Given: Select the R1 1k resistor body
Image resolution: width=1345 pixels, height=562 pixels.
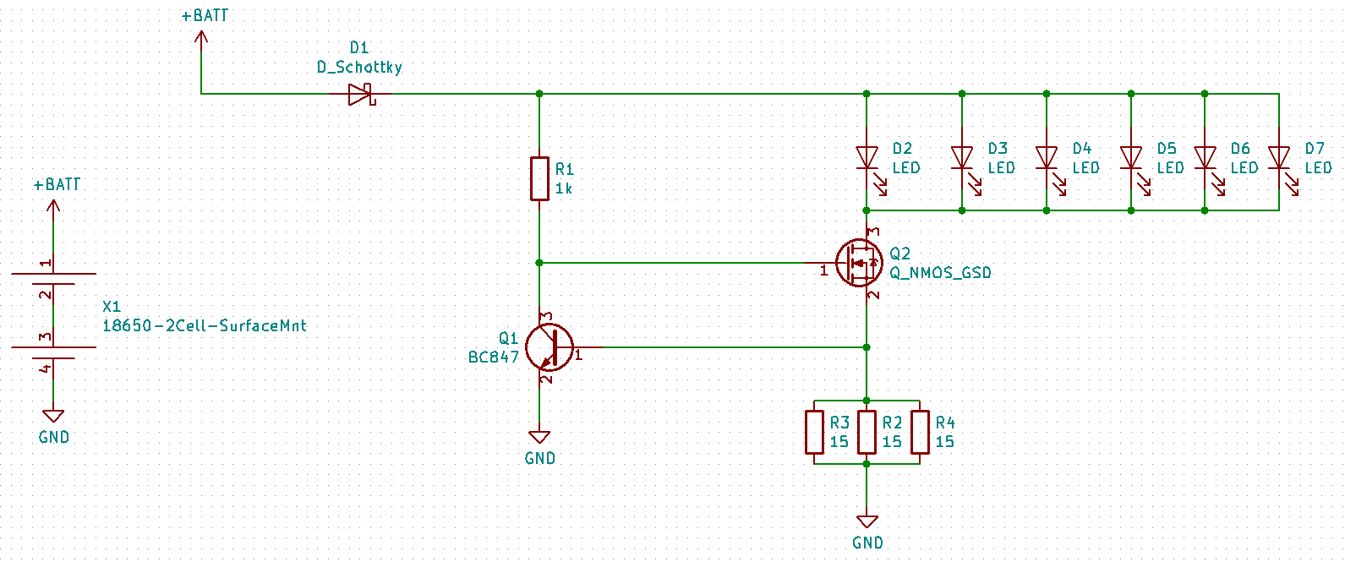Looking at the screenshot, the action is tap(539, 178).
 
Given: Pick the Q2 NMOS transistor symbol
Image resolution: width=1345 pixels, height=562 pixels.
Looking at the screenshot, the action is tap(859, 263).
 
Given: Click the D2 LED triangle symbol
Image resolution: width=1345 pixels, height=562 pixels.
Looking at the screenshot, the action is tap(867, 158).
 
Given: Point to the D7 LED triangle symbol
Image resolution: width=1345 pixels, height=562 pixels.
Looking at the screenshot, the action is tap(1279, 158).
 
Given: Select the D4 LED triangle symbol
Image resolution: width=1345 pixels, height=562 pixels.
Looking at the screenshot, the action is tap(1047, 158).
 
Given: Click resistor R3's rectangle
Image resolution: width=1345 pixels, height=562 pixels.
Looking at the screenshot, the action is tap(814, 432).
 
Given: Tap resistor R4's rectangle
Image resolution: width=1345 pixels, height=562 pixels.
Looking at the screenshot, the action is tap(920, 432).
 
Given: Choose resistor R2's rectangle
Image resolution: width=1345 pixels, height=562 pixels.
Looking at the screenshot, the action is tap(867, 432).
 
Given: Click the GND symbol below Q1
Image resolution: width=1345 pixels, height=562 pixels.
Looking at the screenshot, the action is tap(539, 437).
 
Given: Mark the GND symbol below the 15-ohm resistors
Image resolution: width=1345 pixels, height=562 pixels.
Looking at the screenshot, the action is tap(867, 521).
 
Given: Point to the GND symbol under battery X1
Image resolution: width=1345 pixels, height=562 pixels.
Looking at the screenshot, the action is tap(53, 416).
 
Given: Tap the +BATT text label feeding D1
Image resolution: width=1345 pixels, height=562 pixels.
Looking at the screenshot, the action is tap(205, 15).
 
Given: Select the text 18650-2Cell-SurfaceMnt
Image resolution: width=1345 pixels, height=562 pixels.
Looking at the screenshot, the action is tap(204, 325).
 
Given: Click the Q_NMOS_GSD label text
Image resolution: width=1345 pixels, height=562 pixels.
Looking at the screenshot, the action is tap(940, 273).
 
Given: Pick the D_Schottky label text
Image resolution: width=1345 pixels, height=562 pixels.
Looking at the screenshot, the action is tap(359, 67).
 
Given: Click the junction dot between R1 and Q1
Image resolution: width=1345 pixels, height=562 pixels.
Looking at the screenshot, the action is tap(539, 263).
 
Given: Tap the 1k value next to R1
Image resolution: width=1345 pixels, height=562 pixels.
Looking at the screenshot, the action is tap(563, 188).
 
